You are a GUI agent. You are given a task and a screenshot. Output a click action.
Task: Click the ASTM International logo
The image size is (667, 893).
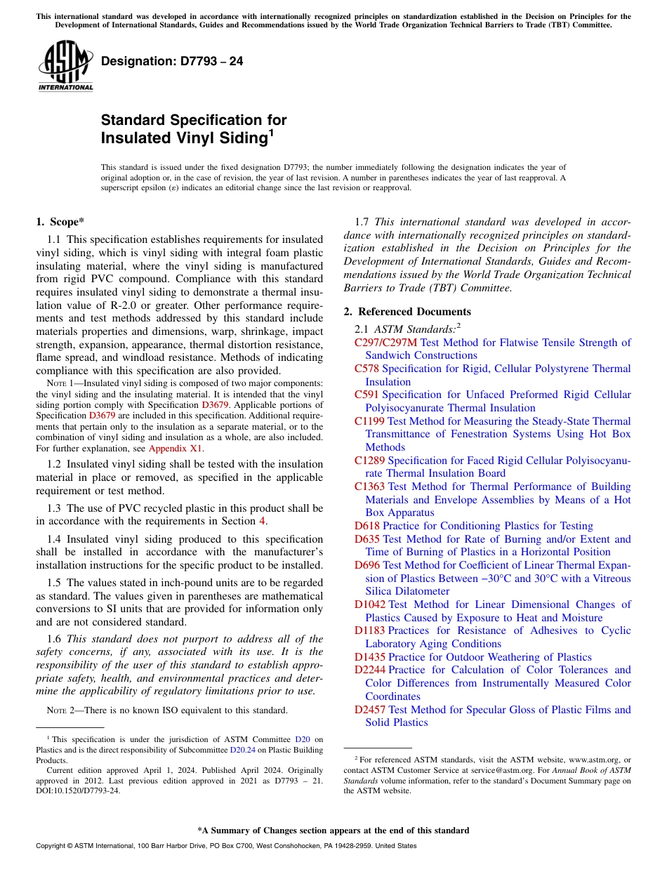[x=65, y=67]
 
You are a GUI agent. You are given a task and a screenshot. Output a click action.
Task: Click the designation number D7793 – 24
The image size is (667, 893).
[x=172, y=62]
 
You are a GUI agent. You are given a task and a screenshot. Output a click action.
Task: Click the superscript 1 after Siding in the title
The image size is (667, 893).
[x=271, y=132]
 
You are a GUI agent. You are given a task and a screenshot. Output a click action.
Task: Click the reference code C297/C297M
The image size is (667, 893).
[x=385, y=343]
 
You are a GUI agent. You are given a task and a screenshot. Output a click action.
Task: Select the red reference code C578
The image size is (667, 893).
[x=366, y=369]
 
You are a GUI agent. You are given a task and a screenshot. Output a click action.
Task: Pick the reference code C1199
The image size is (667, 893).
[x=369, y=421]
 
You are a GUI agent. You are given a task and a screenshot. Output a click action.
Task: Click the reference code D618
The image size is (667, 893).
[x=366, y=526]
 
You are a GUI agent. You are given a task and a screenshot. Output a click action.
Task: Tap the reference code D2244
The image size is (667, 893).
[x=369, y=670]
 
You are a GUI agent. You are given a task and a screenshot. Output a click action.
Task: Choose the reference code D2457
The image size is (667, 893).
[x=369, y=710]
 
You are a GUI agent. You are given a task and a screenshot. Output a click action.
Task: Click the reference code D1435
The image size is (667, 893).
[x=369, y=657]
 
